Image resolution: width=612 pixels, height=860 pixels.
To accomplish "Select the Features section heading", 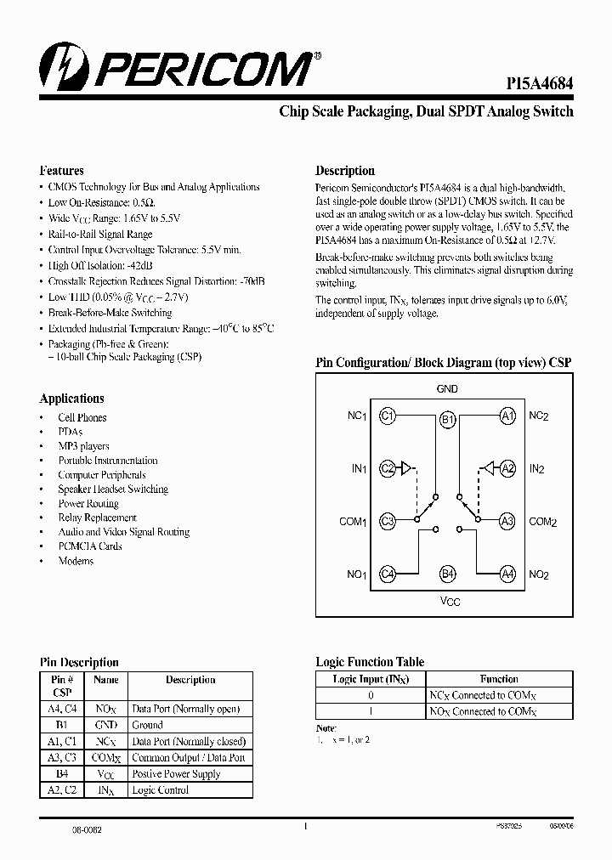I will pos(62,171).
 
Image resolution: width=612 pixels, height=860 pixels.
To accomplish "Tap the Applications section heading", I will pos(72,399).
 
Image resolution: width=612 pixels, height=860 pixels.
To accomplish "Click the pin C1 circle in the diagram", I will pos(388,416).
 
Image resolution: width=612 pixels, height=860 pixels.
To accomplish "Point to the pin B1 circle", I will pos(448,420).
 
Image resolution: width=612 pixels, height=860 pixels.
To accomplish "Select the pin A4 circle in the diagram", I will pos(507,574).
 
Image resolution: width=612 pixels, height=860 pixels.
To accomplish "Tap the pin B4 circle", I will pos(448,574).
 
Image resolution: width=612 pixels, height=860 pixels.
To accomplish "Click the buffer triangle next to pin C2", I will pos(408,467).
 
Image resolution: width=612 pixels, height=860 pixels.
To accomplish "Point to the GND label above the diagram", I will pos(447,389).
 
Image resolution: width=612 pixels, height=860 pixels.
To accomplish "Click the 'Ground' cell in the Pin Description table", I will pos(148,725).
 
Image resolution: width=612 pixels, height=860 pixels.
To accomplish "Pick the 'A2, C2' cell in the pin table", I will pos(63,790).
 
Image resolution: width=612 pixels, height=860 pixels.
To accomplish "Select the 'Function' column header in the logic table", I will pos(499,679).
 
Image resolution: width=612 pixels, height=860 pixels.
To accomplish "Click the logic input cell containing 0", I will pos(371,695).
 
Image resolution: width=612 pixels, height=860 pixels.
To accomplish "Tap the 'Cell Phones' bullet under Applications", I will pos(82,417).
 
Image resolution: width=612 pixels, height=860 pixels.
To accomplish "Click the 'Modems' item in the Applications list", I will pos(76,561).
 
